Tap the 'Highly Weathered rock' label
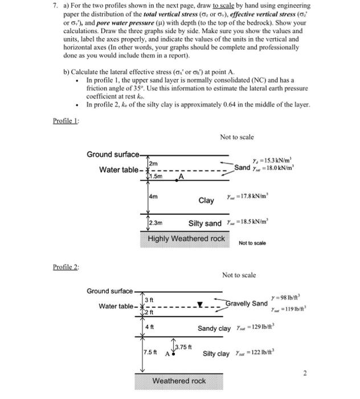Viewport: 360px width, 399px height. click(x=186, y=238)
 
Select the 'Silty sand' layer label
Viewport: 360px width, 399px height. click(x=206, y=223)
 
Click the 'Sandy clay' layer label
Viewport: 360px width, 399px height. click(x=214, y=328)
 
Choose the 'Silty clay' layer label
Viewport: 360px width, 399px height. click(x=216, y=353)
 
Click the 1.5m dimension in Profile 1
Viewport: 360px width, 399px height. click(x=155, y=176)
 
